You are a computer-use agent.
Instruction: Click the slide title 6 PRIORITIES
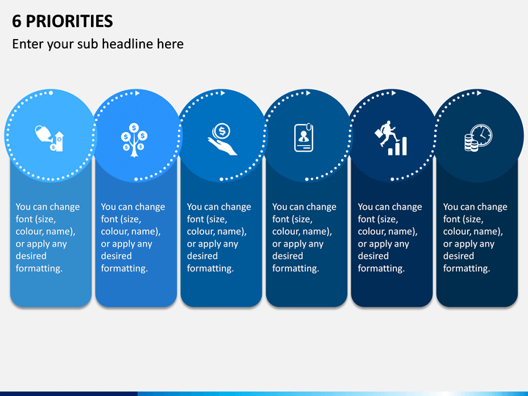click(62, 21)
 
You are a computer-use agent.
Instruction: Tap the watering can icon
click(49, 138)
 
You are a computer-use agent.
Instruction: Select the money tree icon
click(134, 140)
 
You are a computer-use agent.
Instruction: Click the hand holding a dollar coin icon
click(222, 139)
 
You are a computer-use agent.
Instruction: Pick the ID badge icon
click(304, 138)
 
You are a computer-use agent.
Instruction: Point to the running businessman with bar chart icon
click(391, 138)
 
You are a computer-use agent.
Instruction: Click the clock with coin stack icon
click(478, 138)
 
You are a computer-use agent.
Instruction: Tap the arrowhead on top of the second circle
click(137, 93)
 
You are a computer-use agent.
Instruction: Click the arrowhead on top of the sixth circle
click(479, 93)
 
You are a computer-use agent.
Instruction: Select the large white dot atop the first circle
click(51, 93)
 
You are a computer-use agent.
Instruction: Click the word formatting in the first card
click(39, 268)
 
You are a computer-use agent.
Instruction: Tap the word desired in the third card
click(202, 256)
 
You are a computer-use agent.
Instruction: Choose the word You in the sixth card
click(450, 206)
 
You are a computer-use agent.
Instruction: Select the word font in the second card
click(109, 219)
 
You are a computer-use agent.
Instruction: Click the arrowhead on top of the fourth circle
click(308, 93)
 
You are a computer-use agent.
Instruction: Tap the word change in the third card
click(235, 207)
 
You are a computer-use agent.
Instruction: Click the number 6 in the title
click(16, 21)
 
